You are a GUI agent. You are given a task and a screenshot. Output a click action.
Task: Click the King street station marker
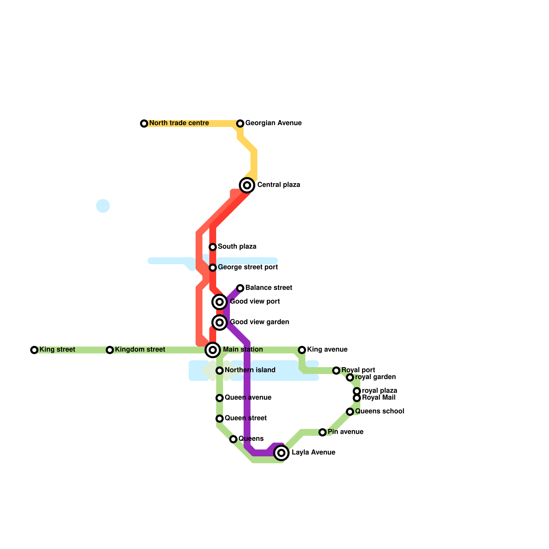34,350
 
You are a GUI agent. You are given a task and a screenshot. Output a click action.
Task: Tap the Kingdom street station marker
110,350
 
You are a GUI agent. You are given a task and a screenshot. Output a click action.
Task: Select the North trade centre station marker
144,124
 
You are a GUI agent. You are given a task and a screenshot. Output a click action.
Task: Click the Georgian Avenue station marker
240,124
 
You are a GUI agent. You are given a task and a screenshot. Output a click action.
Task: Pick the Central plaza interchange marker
247,185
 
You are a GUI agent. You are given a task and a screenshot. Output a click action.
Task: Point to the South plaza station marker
213,247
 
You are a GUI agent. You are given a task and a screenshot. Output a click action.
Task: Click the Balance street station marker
240,288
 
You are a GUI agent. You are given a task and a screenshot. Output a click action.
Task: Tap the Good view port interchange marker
220,302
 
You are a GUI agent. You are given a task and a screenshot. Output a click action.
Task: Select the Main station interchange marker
213,350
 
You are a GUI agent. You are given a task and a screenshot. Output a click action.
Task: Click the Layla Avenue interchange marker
281,453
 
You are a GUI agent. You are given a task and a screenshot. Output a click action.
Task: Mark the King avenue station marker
302,350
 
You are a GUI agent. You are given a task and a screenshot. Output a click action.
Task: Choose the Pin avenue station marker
323,432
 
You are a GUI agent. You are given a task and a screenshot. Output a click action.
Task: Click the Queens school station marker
350,412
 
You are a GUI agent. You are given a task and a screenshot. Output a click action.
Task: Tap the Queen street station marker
220,419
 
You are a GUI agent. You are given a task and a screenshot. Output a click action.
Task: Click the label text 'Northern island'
250,370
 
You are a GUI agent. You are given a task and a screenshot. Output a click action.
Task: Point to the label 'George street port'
248,267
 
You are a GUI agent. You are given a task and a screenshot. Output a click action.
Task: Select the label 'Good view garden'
259,322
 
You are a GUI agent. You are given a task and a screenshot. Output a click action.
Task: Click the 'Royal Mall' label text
378,397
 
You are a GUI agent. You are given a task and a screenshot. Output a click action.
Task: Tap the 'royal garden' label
375,377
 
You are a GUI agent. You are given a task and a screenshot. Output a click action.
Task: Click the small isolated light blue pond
103,206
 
